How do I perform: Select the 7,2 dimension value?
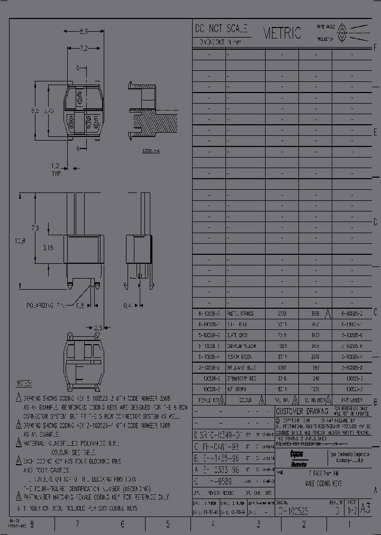pyautogui.click(x=84, y=49)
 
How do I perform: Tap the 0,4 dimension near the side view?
pyautogui.click(x=128, y=306)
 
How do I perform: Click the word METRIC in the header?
pyautogui.click(x=283, y=33)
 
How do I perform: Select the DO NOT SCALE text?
pyautogui.click(x=221, y=30)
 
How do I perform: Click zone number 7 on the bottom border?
pyautogui.click(x=77, y=524)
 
